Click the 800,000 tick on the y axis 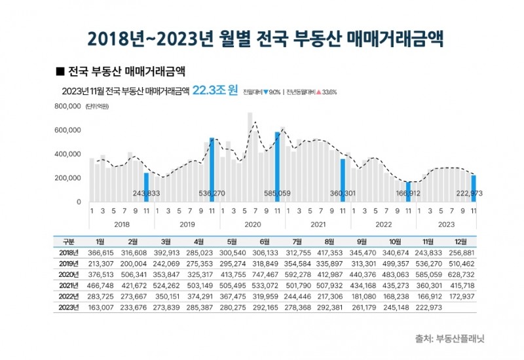click(67, 106)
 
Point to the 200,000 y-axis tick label click(67, 178)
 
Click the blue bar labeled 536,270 click(212, 170)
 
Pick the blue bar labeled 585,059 click(277, 166)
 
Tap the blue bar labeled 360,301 click(343, 180)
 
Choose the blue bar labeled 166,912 click(408, 191)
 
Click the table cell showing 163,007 click(100, 308)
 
